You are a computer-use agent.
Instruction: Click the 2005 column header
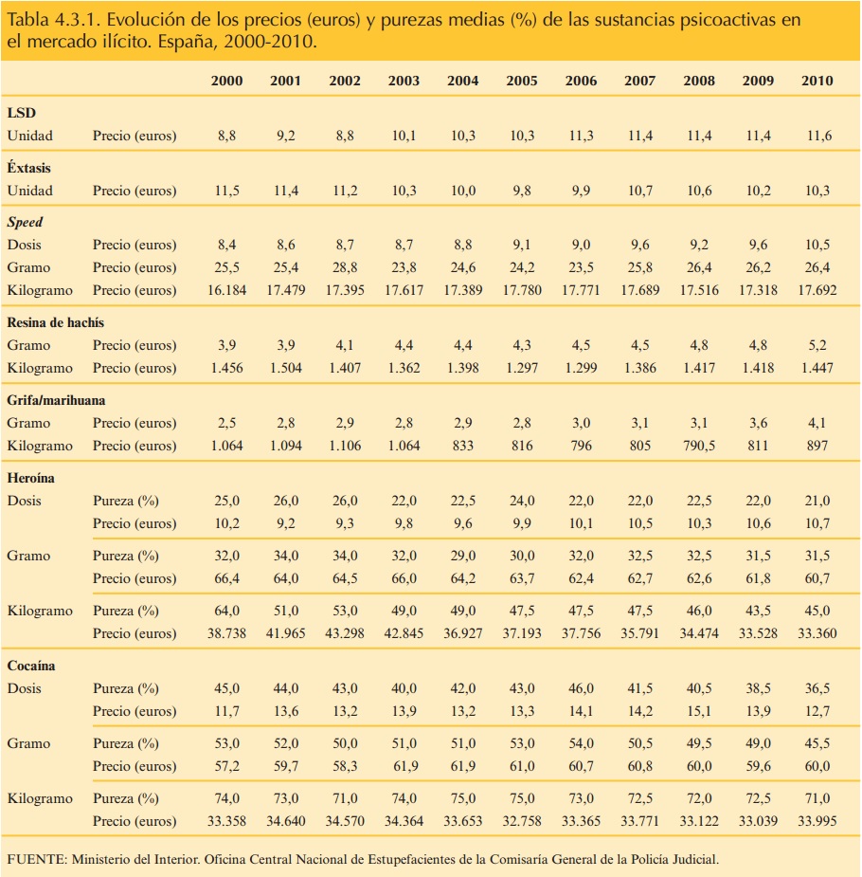[x=522, y=81]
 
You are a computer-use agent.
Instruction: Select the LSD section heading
[x=22, y=114]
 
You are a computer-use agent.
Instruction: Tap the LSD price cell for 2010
[x=817, y=137]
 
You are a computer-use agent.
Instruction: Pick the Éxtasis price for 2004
[x=463, y=191]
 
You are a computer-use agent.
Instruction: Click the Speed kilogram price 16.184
[x=226, y=290]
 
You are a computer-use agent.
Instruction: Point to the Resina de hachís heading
[x=56, y=322]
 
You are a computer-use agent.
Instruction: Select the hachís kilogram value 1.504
[x=285, y=368]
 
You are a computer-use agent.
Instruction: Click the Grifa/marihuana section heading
[x=56, y=400]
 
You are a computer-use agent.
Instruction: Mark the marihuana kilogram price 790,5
[x=699, y=446]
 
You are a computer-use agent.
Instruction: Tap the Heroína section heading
[x=31, y=478]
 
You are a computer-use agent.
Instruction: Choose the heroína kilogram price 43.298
[x=345, y=633]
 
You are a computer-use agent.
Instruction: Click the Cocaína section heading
[x=31, y=666]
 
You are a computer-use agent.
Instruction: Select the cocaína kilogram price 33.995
[x=817, y=821]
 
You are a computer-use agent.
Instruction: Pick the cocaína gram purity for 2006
[x=581, y=743]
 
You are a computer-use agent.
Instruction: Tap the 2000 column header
[x=226, y=81]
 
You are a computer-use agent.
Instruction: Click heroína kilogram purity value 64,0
[x=226, y=611]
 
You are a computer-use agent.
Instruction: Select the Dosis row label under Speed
[x=25, y=245]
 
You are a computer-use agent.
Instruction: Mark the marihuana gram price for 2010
[x=817, y=423]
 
